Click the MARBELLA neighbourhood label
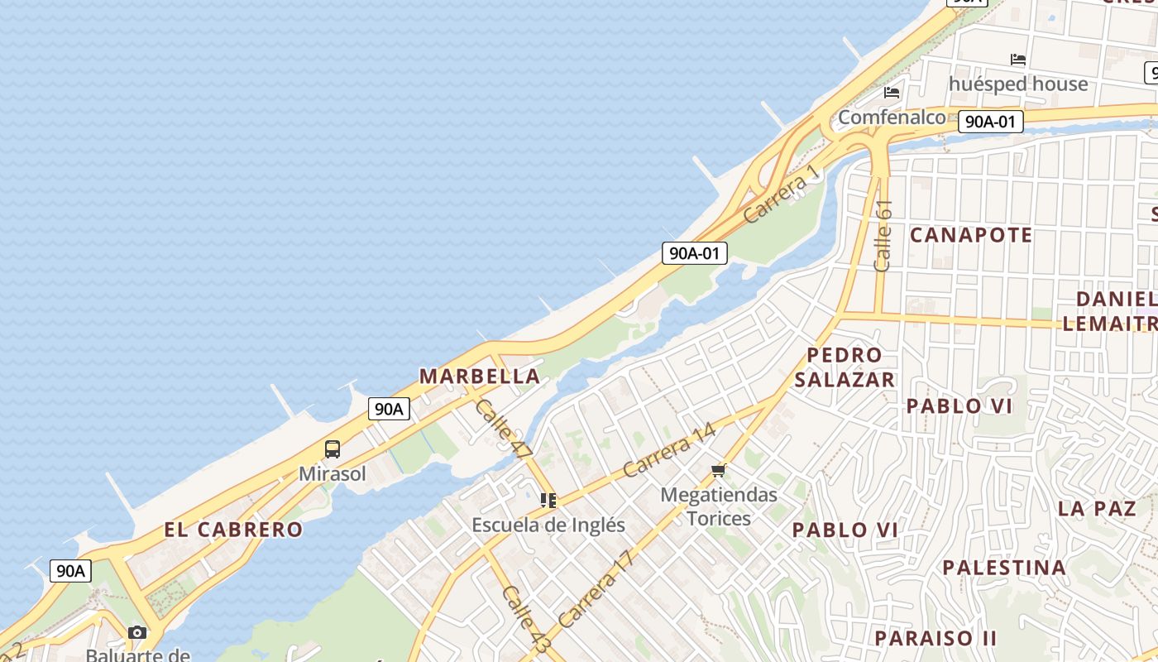[x=480, y=377]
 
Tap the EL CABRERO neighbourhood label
[x=233, y=530]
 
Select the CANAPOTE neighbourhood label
[x=971, y=235]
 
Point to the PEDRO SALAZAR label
[x=845, y=367]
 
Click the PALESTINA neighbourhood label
[x=1004, y=568]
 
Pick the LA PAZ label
[x=1097, y=508]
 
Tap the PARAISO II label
[x=935, y=638]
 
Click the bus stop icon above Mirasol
[x=332, y=449]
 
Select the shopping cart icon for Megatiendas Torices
[x=718, y=471]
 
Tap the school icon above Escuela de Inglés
[x=548, y=501]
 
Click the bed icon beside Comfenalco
[x=892, y=92]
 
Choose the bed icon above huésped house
[x=1018, y=60]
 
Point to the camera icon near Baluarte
[x=137, y=633]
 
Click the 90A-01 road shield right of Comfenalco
[x=990, y=122]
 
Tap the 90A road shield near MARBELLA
[x=389, y=408]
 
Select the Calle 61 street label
[x=883, y=235]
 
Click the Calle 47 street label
[x=503, y=429]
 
